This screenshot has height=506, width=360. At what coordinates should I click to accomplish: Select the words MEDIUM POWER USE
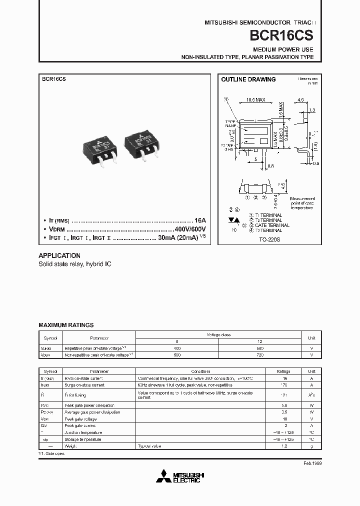(283, 49)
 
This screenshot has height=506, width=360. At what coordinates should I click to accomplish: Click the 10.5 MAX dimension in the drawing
(256, 100)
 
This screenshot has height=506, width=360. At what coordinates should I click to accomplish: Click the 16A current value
(200, 220)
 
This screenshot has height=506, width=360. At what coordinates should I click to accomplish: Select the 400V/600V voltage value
(185, 228)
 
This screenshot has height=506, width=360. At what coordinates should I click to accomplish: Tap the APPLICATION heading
(59, 255)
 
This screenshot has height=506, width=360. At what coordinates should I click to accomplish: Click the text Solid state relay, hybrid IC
(75, 263)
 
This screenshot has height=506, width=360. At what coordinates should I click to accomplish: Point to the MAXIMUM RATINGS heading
(66, 325)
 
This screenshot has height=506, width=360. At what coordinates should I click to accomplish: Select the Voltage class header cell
(219, 334)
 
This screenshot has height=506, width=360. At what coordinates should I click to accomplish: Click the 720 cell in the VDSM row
(259, 354)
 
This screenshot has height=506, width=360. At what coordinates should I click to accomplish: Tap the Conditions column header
(204, 371)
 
